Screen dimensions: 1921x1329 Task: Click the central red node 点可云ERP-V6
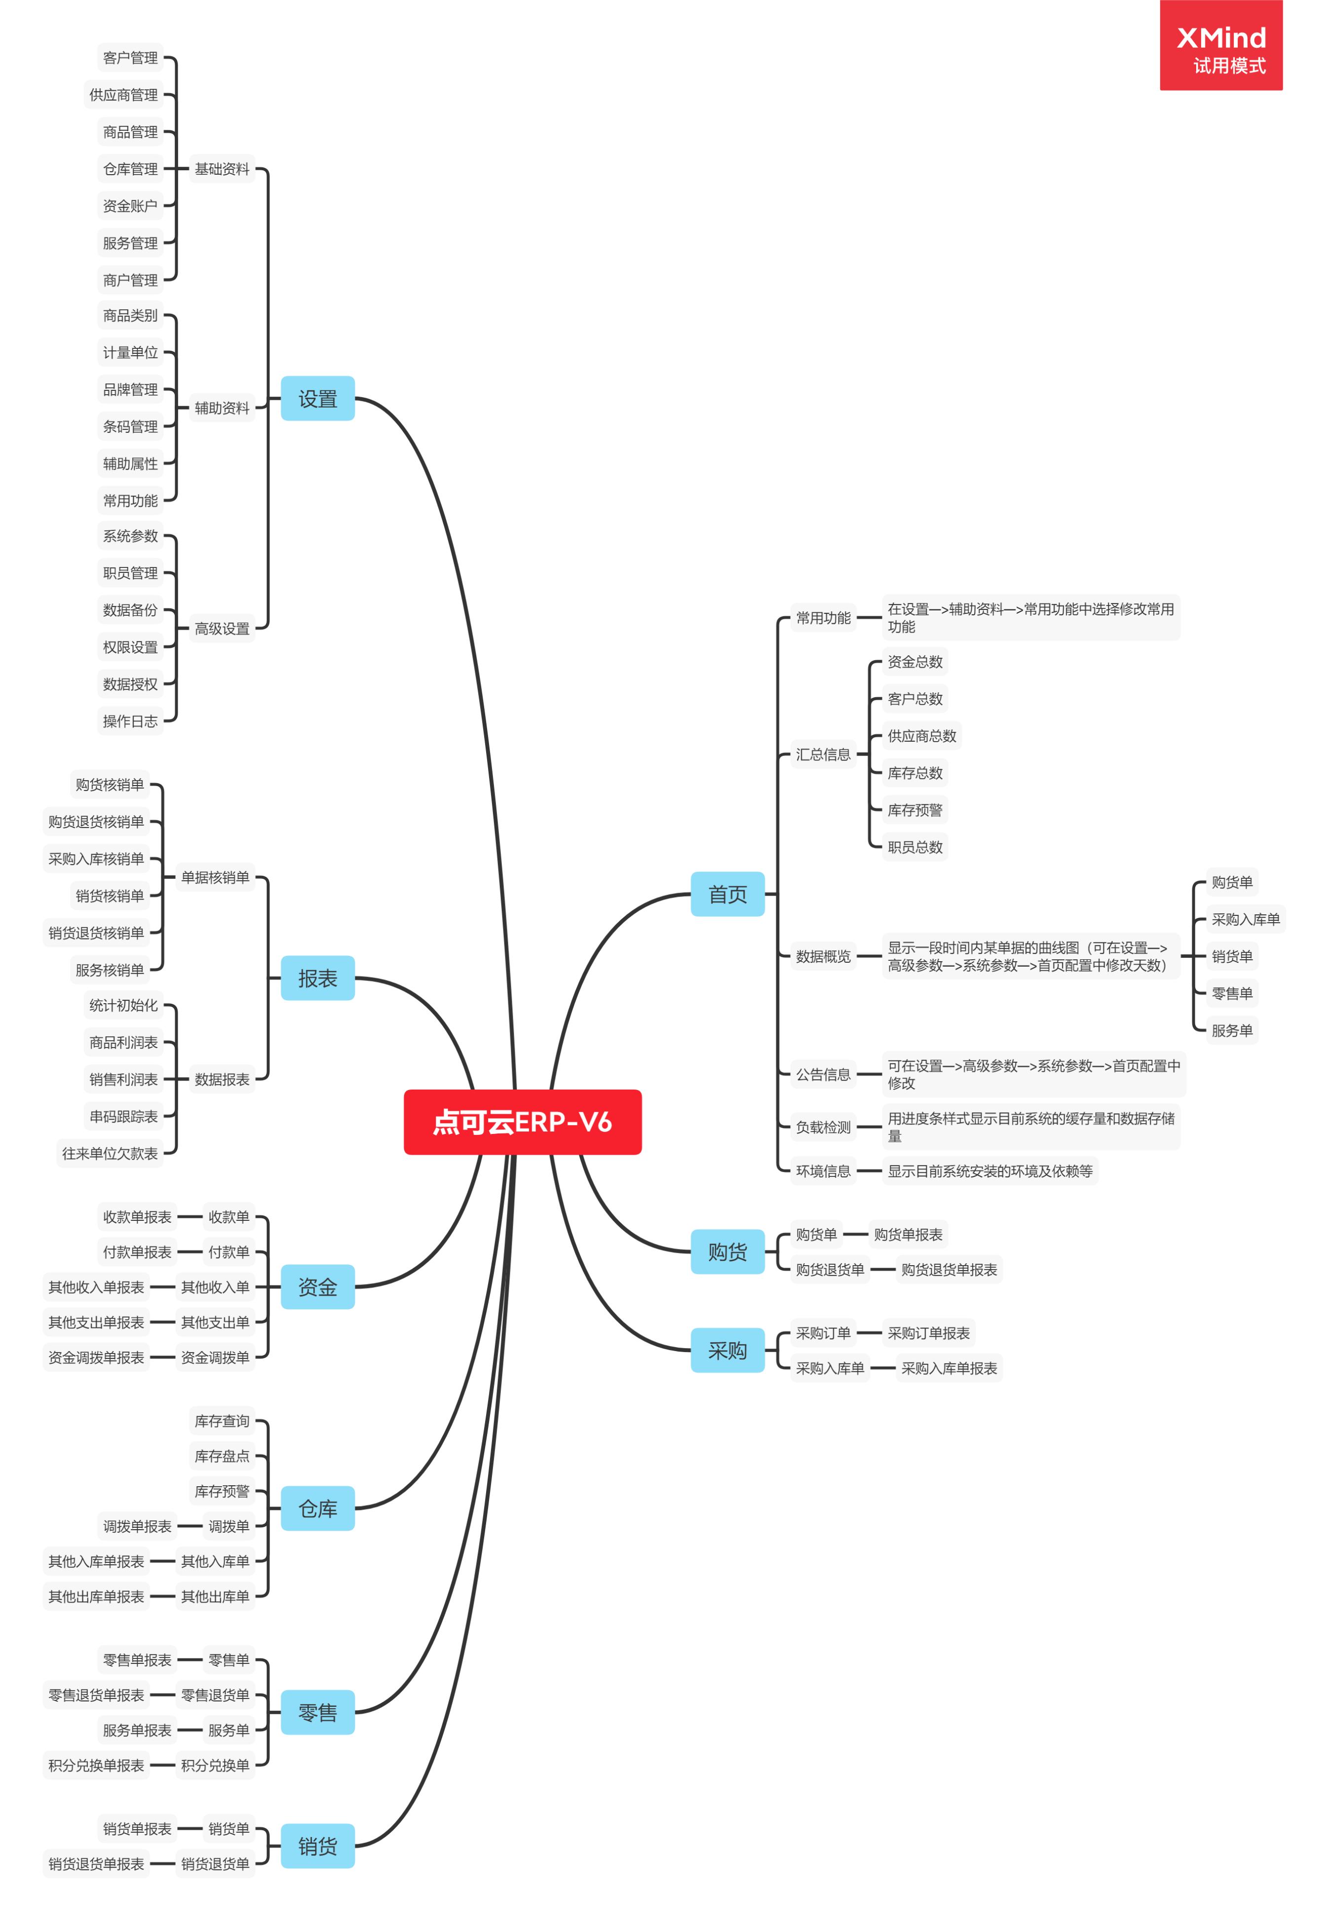(x=522, y=1122)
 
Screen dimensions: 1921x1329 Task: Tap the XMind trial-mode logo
(x=1221, y=46)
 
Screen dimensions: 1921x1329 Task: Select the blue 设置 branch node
(x=317, y=399)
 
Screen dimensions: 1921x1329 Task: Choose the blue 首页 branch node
(x=727, y=894)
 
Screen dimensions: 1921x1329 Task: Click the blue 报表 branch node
(x=317, y=979)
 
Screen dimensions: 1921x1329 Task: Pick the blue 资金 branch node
(x=317, y=1286)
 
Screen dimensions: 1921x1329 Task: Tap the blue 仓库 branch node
(x=317, y=1508)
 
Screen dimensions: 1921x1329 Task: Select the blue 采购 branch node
(x=727, y=1350)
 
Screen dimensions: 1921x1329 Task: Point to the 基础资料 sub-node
(x=222, y=169)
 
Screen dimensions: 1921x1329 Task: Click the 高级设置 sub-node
(x=222, y=629)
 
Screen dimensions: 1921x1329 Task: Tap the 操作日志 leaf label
(x=130, y=721)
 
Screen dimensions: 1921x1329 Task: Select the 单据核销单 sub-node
(x=215, y=877)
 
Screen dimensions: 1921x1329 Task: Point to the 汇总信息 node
(x=823, y=754)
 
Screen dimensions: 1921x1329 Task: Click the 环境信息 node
(x=823, y=1171)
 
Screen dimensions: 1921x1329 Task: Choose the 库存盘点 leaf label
(x=222, y=1456)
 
